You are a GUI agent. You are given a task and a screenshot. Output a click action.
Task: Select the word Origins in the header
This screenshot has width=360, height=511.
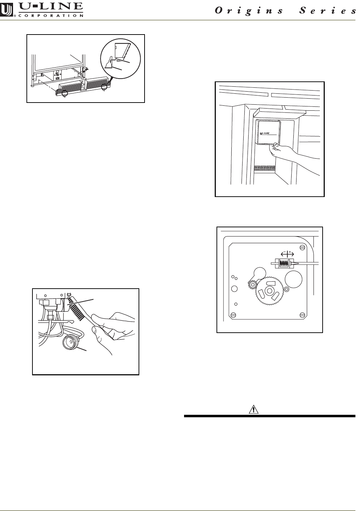249,11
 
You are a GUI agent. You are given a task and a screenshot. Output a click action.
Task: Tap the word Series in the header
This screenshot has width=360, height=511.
328,11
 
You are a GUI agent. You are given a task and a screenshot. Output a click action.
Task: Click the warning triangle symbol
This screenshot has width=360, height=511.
252,410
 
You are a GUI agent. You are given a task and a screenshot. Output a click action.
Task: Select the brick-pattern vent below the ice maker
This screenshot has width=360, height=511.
264,168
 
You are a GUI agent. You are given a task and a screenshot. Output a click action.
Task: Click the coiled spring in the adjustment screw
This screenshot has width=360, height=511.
284,263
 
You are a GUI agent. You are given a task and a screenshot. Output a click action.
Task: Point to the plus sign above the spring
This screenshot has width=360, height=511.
291,252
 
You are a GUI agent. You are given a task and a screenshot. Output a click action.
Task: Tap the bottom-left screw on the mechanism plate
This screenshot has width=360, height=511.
233,314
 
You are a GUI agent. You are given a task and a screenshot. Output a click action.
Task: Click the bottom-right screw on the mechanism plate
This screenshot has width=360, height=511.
302,314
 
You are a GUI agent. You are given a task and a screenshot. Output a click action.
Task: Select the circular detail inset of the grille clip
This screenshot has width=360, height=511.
120,58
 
